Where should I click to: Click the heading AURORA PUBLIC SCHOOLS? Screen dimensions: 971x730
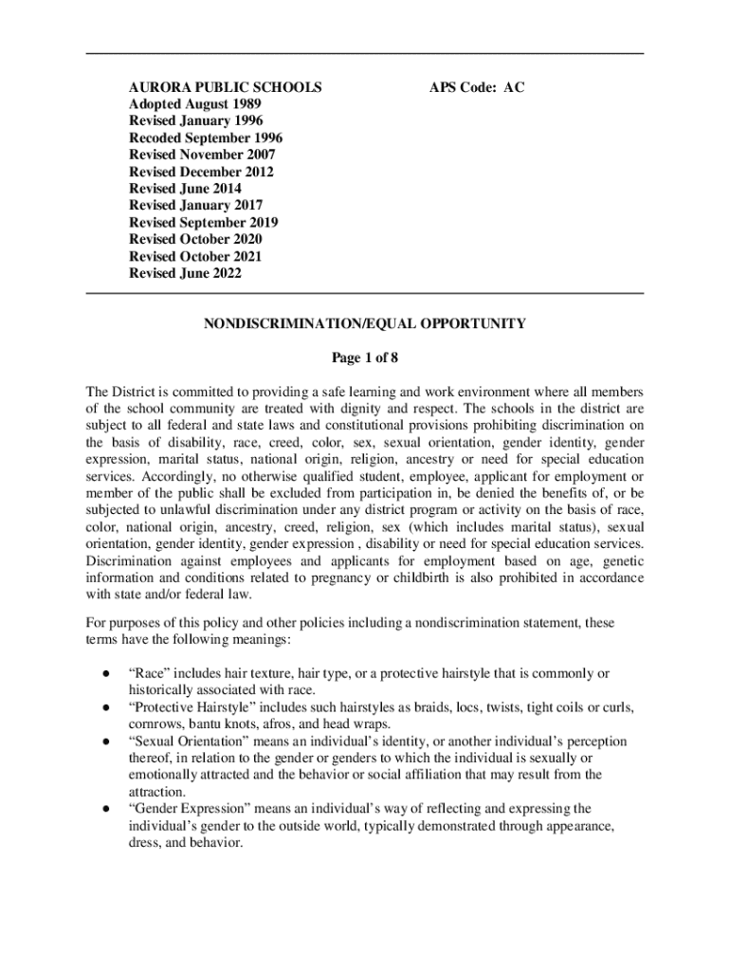point(226,88)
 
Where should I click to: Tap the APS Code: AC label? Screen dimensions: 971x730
point(476,88)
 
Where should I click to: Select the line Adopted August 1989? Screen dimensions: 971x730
point(195,104)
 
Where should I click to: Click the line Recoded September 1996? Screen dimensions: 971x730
point(206,138)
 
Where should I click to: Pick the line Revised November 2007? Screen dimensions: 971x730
point(202,155)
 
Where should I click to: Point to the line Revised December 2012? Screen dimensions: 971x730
point(201,172)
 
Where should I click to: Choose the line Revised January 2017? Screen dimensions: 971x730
point(196,205)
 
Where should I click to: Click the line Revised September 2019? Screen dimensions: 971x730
point(204,222)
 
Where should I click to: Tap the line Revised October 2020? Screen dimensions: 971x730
point(195,239)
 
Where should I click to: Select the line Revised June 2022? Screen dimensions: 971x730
point(185,273)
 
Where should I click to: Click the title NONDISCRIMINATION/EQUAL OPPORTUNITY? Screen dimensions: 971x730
point(365,323)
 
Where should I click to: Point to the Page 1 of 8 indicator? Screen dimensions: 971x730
point(365,357)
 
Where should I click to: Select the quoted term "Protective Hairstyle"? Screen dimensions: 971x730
point(190,707)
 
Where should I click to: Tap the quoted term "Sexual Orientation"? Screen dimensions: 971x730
point(187,742)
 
